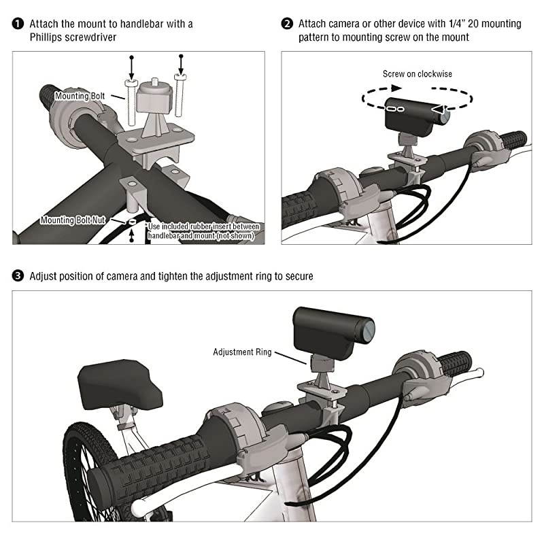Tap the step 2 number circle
[x=287, y=24]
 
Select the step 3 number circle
[x=18, y=276]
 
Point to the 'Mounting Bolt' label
[x=80, y=97]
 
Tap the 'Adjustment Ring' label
[x=242, y=352]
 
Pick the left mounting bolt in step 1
[x=131, y=102]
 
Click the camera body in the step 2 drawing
[x=411, y=116]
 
